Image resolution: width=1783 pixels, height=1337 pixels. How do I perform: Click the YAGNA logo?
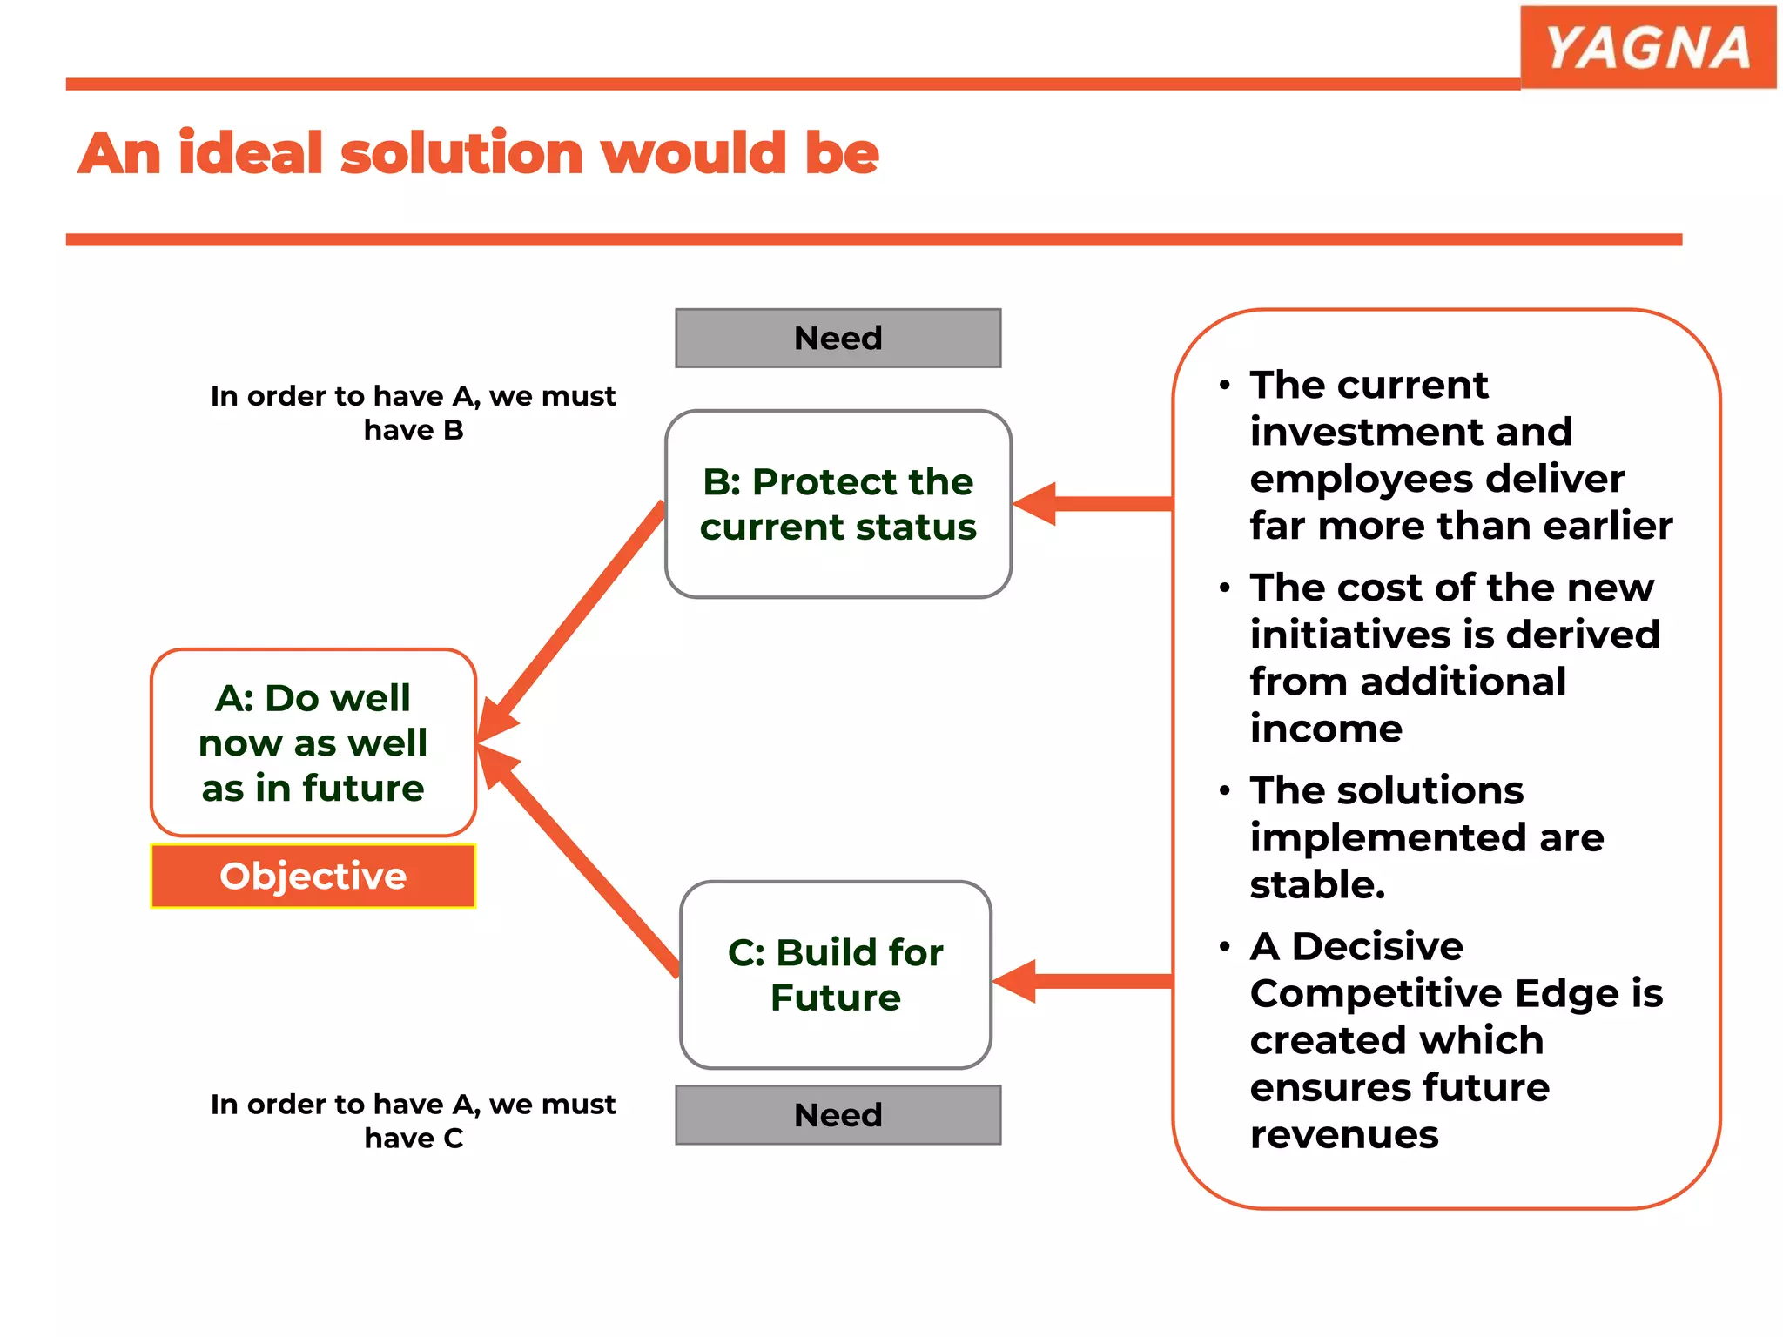(x=1647, y=47)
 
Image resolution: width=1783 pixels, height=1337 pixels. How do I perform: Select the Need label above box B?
(x=838, y=338)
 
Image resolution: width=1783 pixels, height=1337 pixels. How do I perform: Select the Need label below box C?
(x=838, y=1115)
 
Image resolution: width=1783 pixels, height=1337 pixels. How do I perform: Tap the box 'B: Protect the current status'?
(x=838, y=504)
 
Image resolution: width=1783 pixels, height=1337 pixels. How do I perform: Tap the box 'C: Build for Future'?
(x=835, y=975)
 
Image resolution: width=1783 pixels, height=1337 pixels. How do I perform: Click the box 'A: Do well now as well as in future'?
(x=313, y=742)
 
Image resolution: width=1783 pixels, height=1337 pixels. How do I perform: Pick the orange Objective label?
(x=313, y=876)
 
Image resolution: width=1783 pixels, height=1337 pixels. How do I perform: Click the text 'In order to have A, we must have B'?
(x=413, y=413)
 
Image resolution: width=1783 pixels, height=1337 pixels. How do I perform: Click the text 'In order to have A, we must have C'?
(x=413, y=1121)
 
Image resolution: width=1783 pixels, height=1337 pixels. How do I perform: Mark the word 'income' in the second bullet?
(x=1326, y=729)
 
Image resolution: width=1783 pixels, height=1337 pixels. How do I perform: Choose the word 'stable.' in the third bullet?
(x=1317, y=884)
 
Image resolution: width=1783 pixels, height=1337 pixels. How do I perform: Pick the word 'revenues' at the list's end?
(x=1343, y=1135)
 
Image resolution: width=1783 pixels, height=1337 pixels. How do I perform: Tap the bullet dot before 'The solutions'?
(x=1225, y=791)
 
